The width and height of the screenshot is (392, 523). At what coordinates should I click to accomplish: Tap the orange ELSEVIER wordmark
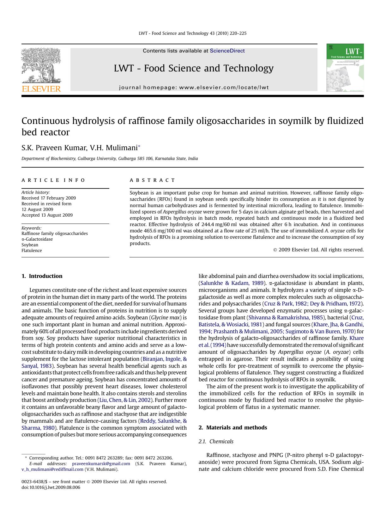pyautogui.click(x=41, y=89)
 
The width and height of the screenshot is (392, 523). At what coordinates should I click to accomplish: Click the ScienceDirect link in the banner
pyautogui.click(x=227, y=51)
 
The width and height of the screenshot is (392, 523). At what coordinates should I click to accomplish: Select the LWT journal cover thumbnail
pyautogui.click(x=345, y=68)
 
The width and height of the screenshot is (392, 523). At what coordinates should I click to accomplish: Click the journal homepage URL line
pyautogui.click(x=194, y=88)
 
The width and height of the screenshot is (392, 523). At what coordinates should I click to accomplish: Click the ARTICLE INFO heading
pyautogui.click(x=53, y=180)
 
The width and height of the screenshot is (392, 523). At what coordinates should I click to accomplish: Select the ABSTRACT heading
pyautogui.click(x=152, y=180)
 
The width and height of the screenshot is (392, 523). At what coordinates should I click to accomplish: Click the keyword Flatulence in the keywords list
pyautogui.click(x=32, y=250)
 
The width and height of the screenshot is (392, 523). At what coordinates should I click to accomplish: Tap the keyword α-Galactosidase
pyautogui.click(x=37, y=239)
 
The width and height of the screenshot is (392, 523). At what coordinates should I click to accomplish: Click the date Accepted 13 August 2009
pyautogui.click(x=47, y=215)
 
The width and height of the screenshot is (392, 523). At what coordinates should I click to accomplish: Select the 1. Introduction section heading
pyautogui.click(x=42, y=276)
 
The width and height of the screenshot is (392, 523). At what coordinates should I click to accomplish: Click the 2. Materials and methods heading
pyautogui.click(x=232, y=428)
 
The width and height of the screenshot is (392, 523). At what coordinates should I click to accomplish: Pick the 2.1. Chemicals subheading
pyautogui.click(x=216, y=441)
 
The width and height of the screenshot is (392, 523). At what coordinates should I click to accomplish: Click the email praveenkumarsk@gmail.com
pyautogui.click(x=101, y=464)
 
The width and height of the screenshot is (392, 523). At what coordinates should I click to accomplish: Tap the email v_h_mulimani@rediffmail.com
pyautogui.click(x=52, y=469)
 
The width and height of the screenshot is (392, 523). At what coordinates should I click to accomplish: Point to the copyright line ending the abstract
pyautogui.click(x=318, y=250)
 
